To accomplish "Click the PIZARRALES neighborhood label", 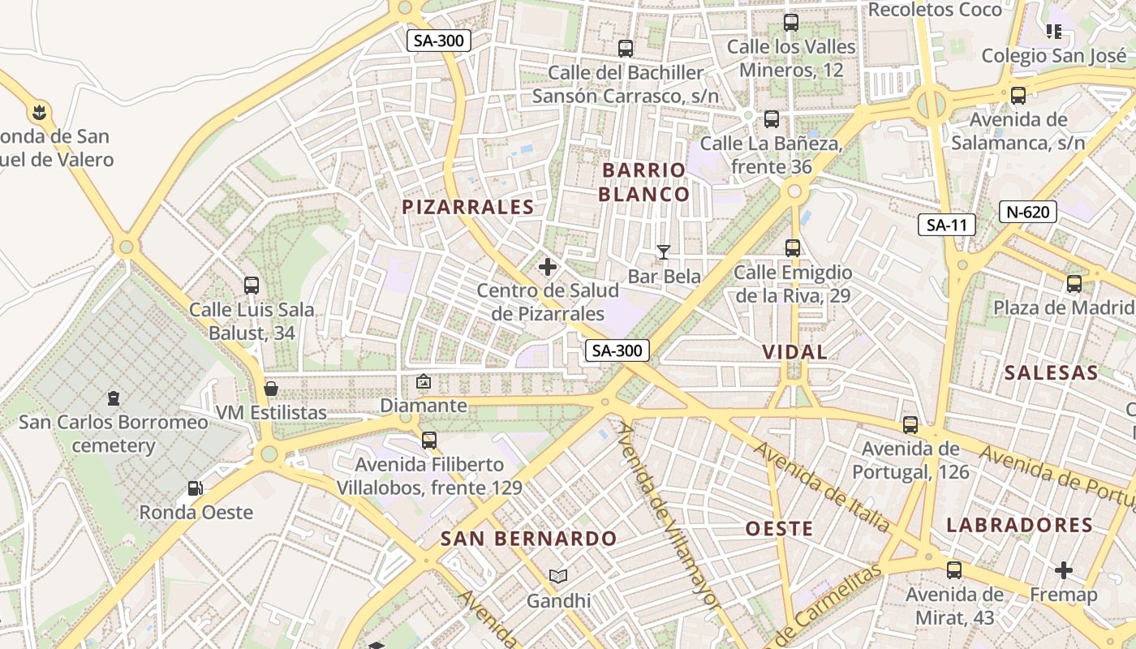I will (468, 207).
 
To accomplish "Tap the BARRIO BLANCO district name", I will (644, 182).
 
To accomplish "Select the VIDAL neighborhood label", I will (795, 352).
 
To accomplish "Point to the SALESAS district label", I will (1051, 373).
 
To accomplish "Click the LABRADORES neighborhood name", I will (1019, 525).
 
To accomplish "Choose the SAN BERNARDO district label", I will (528, 539).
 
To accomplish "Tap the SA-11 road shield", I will (946, 225).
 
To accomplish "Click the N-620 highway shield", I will (1027, 212).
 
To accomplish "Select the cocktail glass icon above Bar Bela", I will (664, 252).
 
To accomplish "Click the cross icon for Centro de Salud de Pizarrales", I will (548, 266).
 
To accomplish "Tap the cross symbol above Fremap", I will (1063, 570).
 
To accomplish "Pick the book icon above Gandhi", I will (558, 577).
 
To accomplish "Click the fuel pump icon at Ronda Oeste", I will (196, 488).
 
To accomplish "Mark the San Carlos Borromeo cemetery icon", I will (114, 398).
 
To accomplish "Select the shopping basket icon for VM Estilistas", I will (271, 389).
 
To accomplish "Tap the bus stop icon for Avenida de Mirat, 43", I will (954, 570).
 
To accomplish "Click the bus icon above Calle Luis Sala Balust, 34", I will (252, 286).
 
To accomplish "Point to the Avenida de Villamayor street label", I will (669, 515).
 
